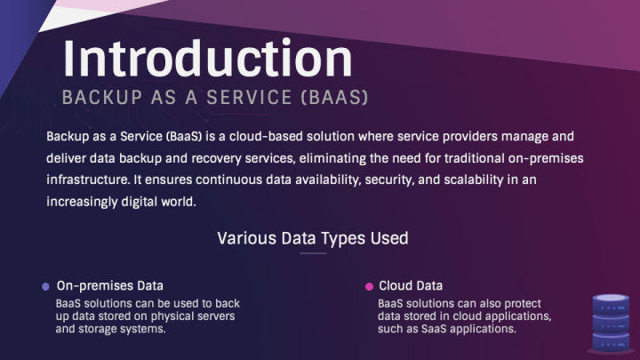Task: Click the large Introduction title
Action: pyautogui.click(x=207, y=58)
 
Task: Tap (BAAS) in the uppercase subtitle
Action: pyautogui.click(x=334, y=97)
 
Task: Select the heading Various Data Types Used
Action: pyautogui.click(x=313, y=238)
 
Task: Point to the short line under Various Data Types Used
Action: pyautogui.click(x=313, y=253)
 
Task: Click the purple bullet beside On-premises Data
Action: pyautogui.click(x=46, y=286)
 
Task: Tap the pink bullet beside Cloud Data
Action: pyautogui.click(x=369, y=286)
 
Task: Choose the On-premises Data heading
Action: pyautogui.click(x=109, y=286)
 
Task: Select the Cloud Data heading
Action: pyautogui.click(x=411, y=286)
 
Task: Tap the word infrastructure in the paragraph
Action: pyautogui.click(x=84, y=180)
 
